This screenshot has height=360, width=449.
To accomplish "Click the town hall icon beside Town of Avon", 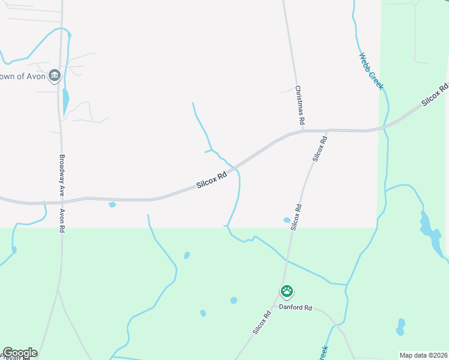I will point(55,76).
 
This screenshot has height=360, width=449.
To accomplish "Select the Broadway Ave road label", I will point(61,176).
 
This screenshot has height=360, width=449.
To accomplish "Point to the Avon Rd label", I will point(61,221).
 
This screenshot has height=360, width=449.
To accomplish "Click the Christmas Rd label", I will point(300,106).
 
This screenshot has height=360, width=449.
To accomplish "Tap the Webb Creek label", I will point(371,71).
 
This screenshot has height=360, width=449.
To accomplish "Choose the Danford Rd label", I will point(295,307).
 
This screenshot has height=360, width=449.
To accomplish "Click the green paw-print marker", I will point(288,292).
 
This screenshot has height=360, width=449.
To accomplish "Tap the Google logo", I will point(19,353).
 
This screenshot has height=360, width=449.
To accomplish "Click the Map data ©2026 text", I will point(423,355).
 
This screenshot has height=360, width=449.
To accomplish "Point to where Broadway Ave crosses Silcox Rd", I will point(61,200).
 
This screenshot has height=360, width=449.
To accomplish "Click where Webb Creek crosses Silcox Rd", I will point(385,127).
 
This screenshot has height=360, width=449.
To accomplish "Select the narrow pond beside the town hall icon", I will point(65,100).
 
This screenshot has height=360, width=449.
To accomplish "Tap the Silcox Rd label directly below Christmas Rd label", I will point(319,148).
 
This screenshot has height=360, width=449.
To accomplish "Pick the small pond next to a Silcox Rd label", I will point(287,220).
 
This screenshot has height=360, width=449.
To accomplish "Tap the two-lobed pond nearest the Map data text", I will point(400,327).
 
